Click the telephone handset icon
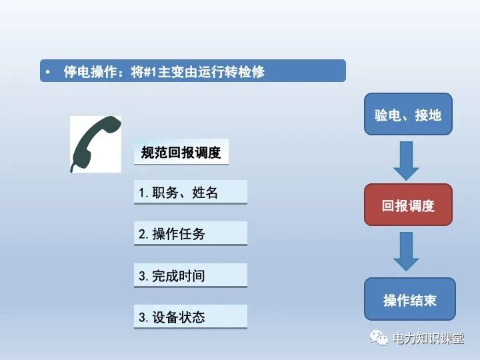(x=95, y=143)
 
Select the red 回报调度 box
(x=408, y=205)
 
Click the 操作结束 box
(x=409, y=299)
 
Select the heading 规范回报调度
(x=181, y=152)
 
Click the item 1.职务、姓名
(x=190, y=192)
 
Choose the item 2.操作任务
(x=190, y=234)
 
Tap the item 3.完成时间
(x=190, y=275)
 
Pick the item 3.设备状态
(x=190, y=317)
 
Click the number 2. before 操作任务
(x=144, y=234)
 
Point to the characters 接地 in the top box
(x=427, y=115)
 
